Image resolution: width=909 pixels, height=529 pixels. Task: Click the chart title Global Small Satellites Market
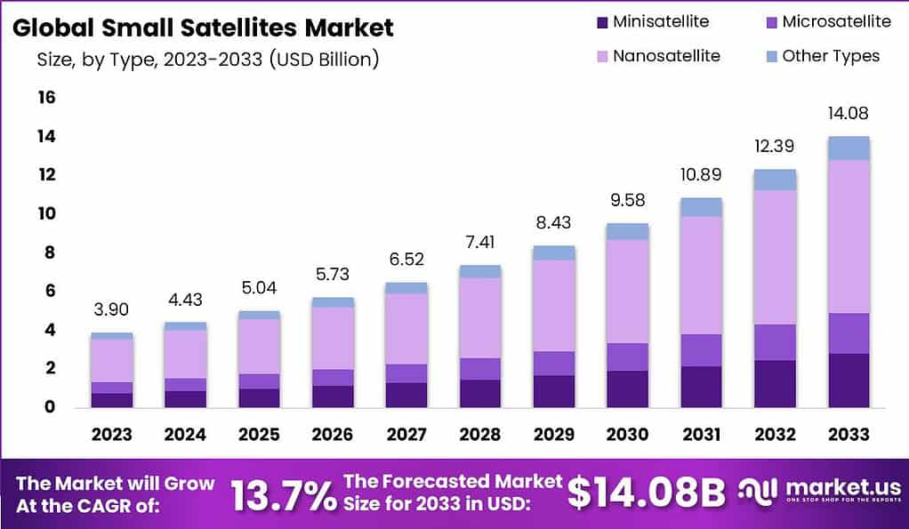pos(203,28)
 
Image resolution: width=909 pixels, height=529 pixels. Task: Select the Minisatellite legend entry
pos(654,21)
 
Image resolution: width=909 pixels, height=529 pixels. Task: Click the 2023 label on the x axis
pos(111,435)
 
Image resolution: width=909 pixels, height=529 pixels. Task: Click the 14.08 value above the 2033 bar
pos(848,114)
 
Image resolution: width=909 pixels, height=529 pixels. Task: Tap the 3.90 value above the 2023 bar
pos(111,309)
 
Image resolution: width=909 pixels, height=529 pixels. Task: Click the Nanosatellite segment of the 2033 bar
pos(848,236)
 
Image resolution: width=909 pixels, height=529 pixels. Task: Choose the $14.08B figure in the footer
pos(647,493)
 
